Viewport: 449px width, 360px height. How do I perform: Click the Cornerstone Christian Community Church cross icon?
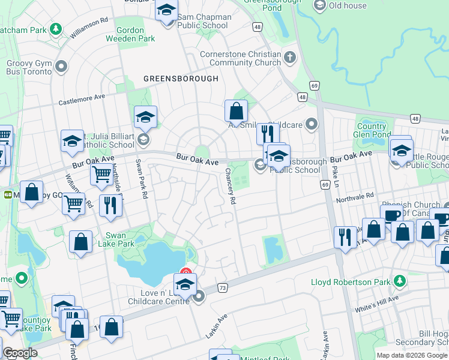pos(290,58)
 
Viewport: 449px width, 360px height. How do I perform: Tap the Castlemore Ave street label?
pos(82,100)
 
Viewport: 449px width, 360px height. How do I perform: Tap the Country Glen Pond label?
pos(372,130)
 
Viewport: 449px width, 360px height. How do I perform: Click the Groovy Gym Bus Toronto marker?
pos(61,66)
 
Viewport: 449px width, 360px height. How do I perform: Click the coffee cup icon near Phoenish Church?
pos(391,215)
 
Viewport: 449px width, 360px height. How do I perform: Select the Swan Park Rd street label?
pos(142,172)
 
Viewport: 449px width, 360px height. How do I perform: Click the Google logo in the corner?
pos(20,353)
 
